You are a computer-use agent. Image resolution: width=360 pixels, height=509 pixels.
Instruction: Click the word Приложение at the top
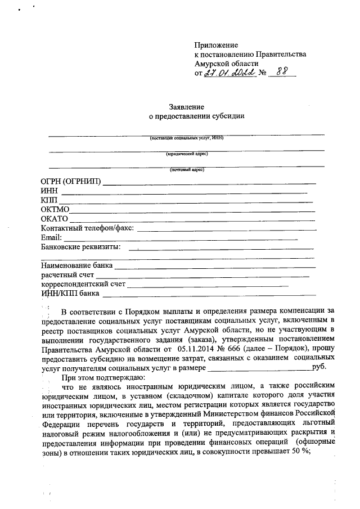tap(216, 45)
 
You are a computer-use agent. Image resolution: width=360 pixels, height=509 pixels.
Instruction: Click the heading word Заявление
tap(186, 106)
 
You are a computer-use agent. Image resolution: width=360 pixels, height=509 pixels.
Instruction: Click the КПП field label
tap(49, 200)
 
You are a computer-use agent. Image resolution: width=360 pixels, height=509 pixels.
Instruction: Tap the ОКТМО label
tap(55, 209)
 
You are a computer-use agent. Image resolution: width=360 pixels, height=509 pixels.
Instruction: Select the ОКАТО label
tap(55, 219)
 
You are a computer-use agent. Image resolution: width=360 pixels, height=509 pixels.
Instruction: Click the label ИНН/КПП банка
tap(70, 293)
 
